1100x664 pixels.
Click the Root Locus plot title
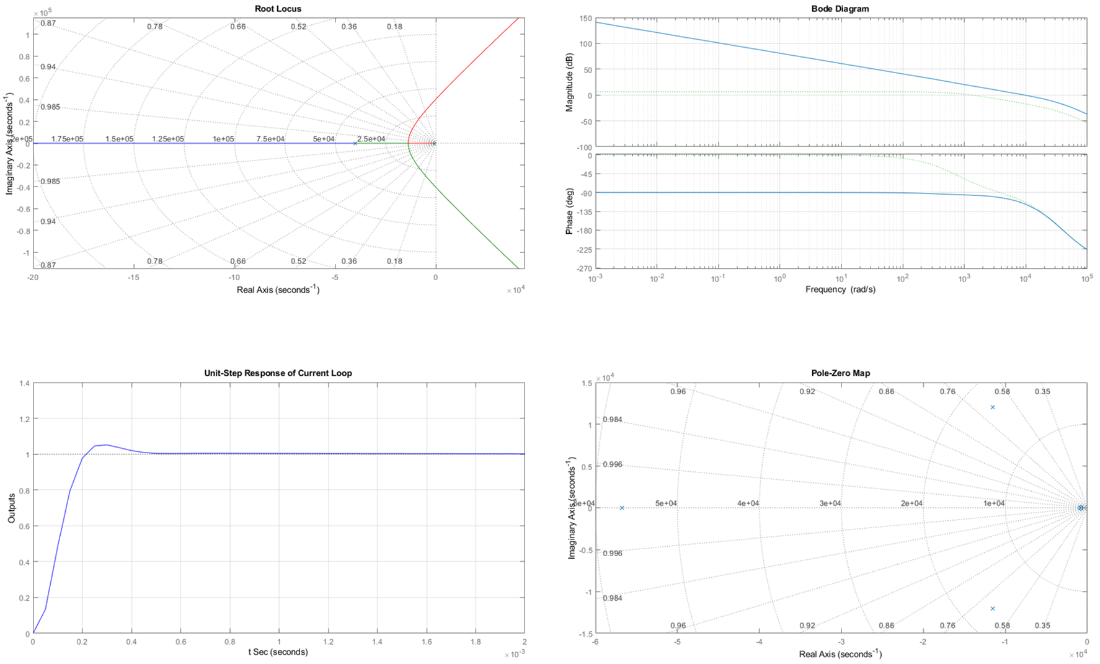coord(278,9)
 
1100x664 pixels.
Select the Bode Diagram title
coord(840,9)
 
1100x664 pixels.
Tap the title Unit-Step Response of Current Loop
coord(278,373)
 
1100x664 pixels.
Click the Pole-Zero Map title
coord(840,373)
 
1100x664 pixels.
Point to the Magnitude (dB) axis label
coord(569,82)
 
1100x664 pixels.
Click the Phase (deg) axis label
coord(569,211)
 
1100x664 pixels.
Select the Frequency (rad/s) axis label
coord(840,290)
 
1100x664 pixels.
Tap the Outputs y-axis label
coord(11,508)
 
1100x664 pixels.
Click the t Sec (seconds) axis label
coord(278,652)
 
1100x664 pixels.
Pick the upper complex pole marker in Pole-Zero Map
coord(993,407)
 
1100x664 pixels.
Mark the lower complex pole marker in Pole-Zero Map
coord(993,609)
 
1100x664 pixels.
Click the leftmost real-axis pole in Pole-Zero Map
coord(622,508)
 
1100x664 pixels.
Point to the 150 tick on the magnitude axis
coord(586,19)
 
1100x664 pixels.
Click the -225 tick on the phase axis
coord(584,249)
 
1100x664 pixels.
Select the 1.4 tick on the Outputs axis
coord(25,383)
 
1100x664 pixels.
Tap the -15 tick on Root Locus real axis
coord(133,277)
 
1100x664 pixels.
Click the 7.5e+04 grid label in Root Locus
coord(271,139)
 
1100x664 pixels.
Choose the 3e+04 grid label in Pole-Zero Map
coord(830,503)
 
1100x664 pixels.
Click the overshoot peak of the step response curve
coord(107,445)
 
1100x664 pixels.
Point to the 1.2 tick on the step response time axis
coord(328,642)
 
